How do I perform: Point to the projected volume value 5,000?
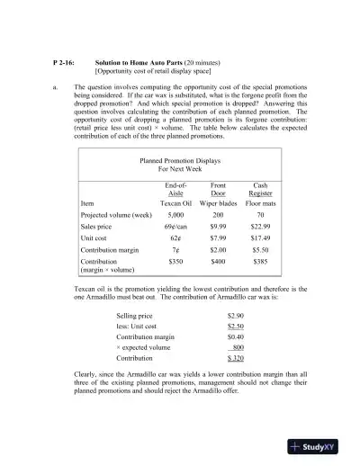tap(176, 216)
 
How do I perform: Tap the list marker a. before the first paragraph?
tap(55, 87)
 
